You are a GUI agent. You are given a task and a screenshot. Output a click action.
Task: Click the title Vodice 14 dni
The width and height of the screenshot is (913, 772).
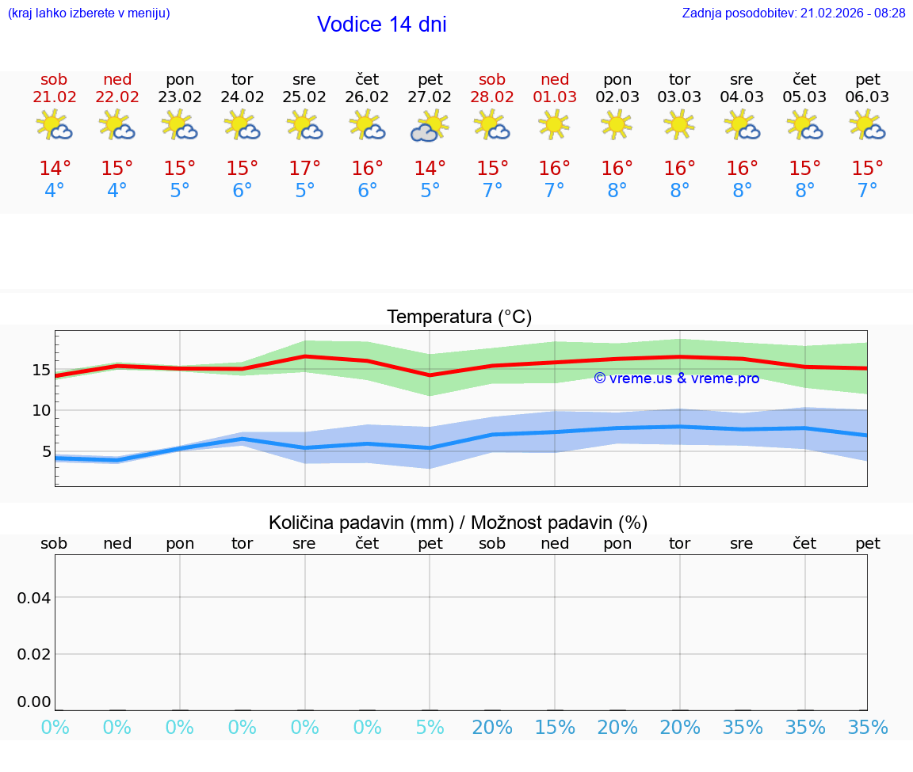click(381, 25)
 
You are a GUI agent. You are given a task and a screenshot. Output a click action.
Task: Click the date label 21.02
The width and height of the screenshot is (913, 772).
click(55, 97)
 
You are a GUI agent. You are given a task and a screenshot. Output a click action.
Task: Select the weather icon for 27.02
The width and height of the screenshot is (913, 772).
click(430, 126)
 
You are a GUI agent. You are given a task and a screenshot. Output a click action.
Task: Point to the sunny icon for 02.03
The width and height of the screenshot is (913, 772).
click(617, 124)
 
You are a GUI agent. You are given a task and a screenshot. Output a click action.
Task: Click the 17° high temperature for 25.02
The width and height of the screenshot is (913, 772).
click(304, 169)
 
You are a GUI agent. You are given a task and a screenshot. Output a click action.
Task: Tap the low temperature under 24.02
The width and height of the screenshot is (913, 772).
click(242, 191)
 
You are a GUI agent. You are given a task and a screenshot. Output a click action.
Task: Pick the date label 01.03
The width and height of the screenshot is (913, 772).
click(555, 97)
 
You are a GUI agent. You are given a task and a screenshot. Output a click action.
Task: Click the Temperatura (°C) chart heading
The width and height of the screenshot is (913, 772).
click(459, 318)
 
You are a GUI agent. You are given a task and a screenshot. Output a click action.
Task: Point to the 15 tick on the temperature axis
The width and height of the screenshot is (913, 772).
click(41, 370)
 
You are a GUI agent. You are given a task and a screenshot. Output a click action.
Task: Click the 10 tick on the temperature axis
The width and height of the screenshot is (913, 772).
click(41, 410)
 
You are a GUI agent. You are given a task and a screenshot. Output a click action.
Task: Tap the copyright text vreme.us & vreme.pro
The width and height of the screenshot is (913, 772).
click(676, 378)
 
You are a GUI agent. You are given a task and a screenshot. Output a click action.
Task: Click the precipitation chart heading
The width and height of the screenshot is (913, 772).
click(458, 523)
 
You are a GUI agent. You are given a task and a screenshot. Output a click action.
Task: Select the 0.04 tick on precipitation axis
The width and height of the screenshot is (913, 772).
click(34, 597)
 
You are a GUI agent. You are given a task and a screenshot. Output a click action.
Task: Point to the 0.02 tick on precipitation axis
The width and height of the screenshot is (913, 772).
click(34, 654)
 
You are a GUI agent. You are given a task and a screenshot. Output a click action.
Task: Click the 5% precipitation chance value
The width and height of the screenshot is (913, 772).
click(430, 728)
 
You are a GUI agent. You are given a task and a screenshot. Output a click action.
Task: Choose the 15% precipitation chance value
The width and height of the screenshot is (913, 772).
click(555, 728)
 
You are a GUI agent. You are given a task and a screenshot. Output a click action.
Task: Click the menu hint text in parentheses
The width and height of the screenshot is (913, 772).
click(89, 13)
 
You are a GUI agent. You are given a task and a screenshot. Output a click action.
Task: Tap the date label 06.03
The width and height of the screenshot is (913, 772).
click(867, 97)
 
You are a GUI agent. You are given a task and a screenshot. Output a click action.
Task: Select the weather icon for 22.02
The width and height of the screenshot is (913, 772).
click(117, 125)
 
